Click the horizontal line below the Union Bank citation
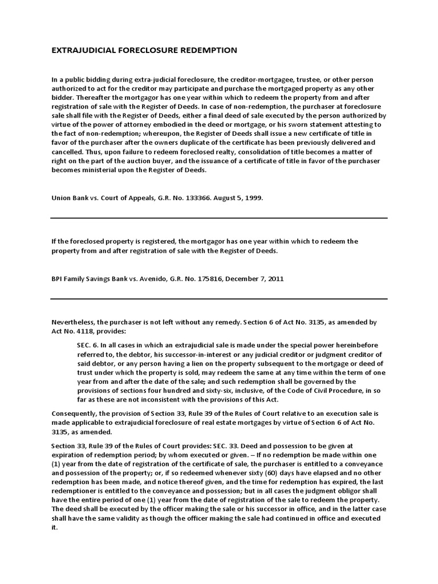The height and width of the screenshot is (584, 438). pos(219,218)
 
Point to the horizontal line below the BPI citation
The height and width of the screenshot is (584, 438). pos(219,299)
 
